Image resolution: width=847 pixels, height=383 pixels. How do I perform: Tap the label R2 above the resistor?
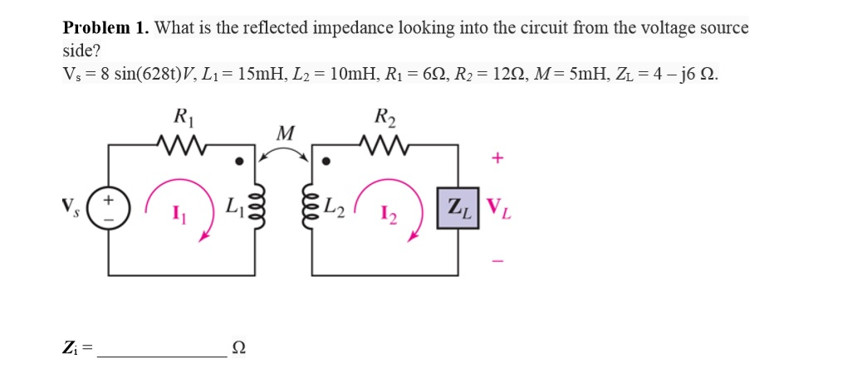pos(384,117)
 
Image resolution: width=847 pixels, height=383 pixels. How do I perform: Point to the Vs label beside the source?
pos(71,205)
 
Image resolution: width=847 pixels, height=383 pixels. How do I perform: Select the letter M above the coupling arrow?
pos(285,133)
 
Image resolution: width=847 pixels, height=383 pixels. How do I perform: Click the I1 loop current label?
pos(178,217)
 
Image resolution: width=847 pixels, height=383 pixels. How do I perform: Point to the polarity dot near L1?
pos(239,161)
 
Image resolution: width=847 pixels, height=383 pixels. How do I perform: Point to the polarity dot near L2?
pos(328,161)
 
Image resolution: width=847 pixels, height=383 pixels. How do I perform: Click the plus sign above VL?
pos(497,158)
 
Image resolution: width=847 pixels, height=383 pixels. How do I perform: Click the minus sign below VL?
pos(497,261)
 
